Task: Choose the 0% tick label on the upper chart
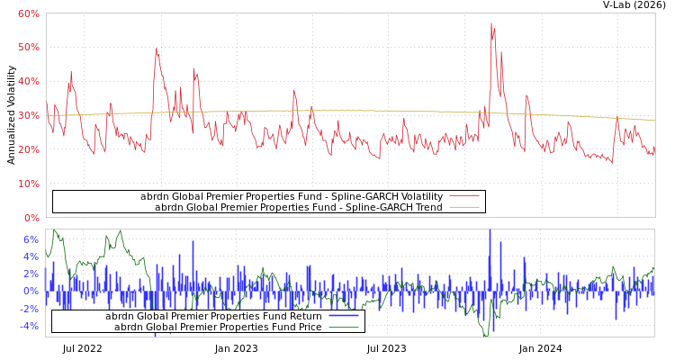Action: tap(31, 218)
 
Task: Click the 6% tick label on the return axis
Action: tap(31, 239)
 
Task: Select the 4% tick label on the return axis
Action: tap(31, 256)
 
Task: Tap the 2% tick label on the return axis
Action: tap(31, 274)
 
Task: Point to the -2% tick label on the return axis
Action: tap(29, 309)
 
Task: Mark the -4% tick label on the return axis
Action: tap(29, 326)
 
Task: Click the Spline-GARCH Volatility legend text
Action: tap(292, 196)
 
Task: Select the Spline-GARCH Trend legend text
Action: tap(299, 207)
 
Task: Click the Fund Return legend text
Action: tap(213, 316)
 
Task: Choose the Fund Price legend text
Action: tap(218, 327)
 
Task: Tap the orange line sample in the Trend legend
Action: tap(463, 207)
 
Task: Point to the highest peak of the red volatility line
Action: tap(491, 23)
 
